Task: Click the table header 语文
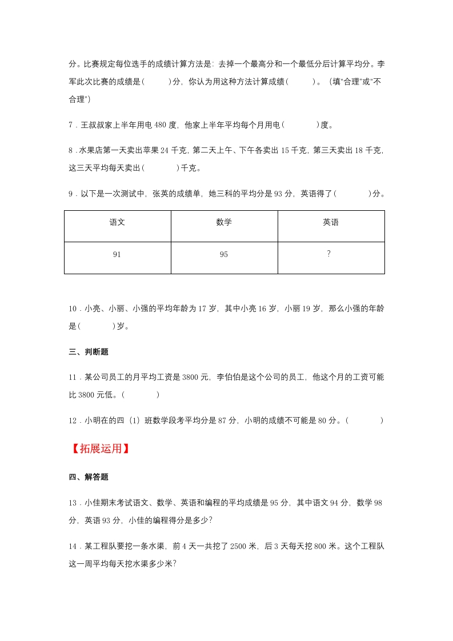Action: tap(117, 223)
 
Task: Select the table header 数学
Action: tap(224, 223)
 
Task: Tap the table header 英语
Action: tap(331, 223)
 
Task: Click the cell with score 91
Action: tap(117, 255)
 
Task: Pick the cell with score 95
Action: tap(224, 255)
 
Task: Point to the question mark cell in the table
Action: tap(329, 254)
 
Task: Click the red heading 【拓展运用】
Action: tap(100, 448)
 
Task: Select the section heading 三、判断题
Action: tap(89, 352)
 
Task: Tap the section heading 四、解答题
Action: tap(89, 477)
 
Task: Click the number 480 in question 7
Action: tap(161, 125)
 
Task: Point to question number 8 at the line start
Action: tap(71, 150)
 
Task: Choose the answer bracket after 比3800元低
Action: tap(141, 395)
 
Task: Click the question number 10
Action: tap(73, 309)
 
